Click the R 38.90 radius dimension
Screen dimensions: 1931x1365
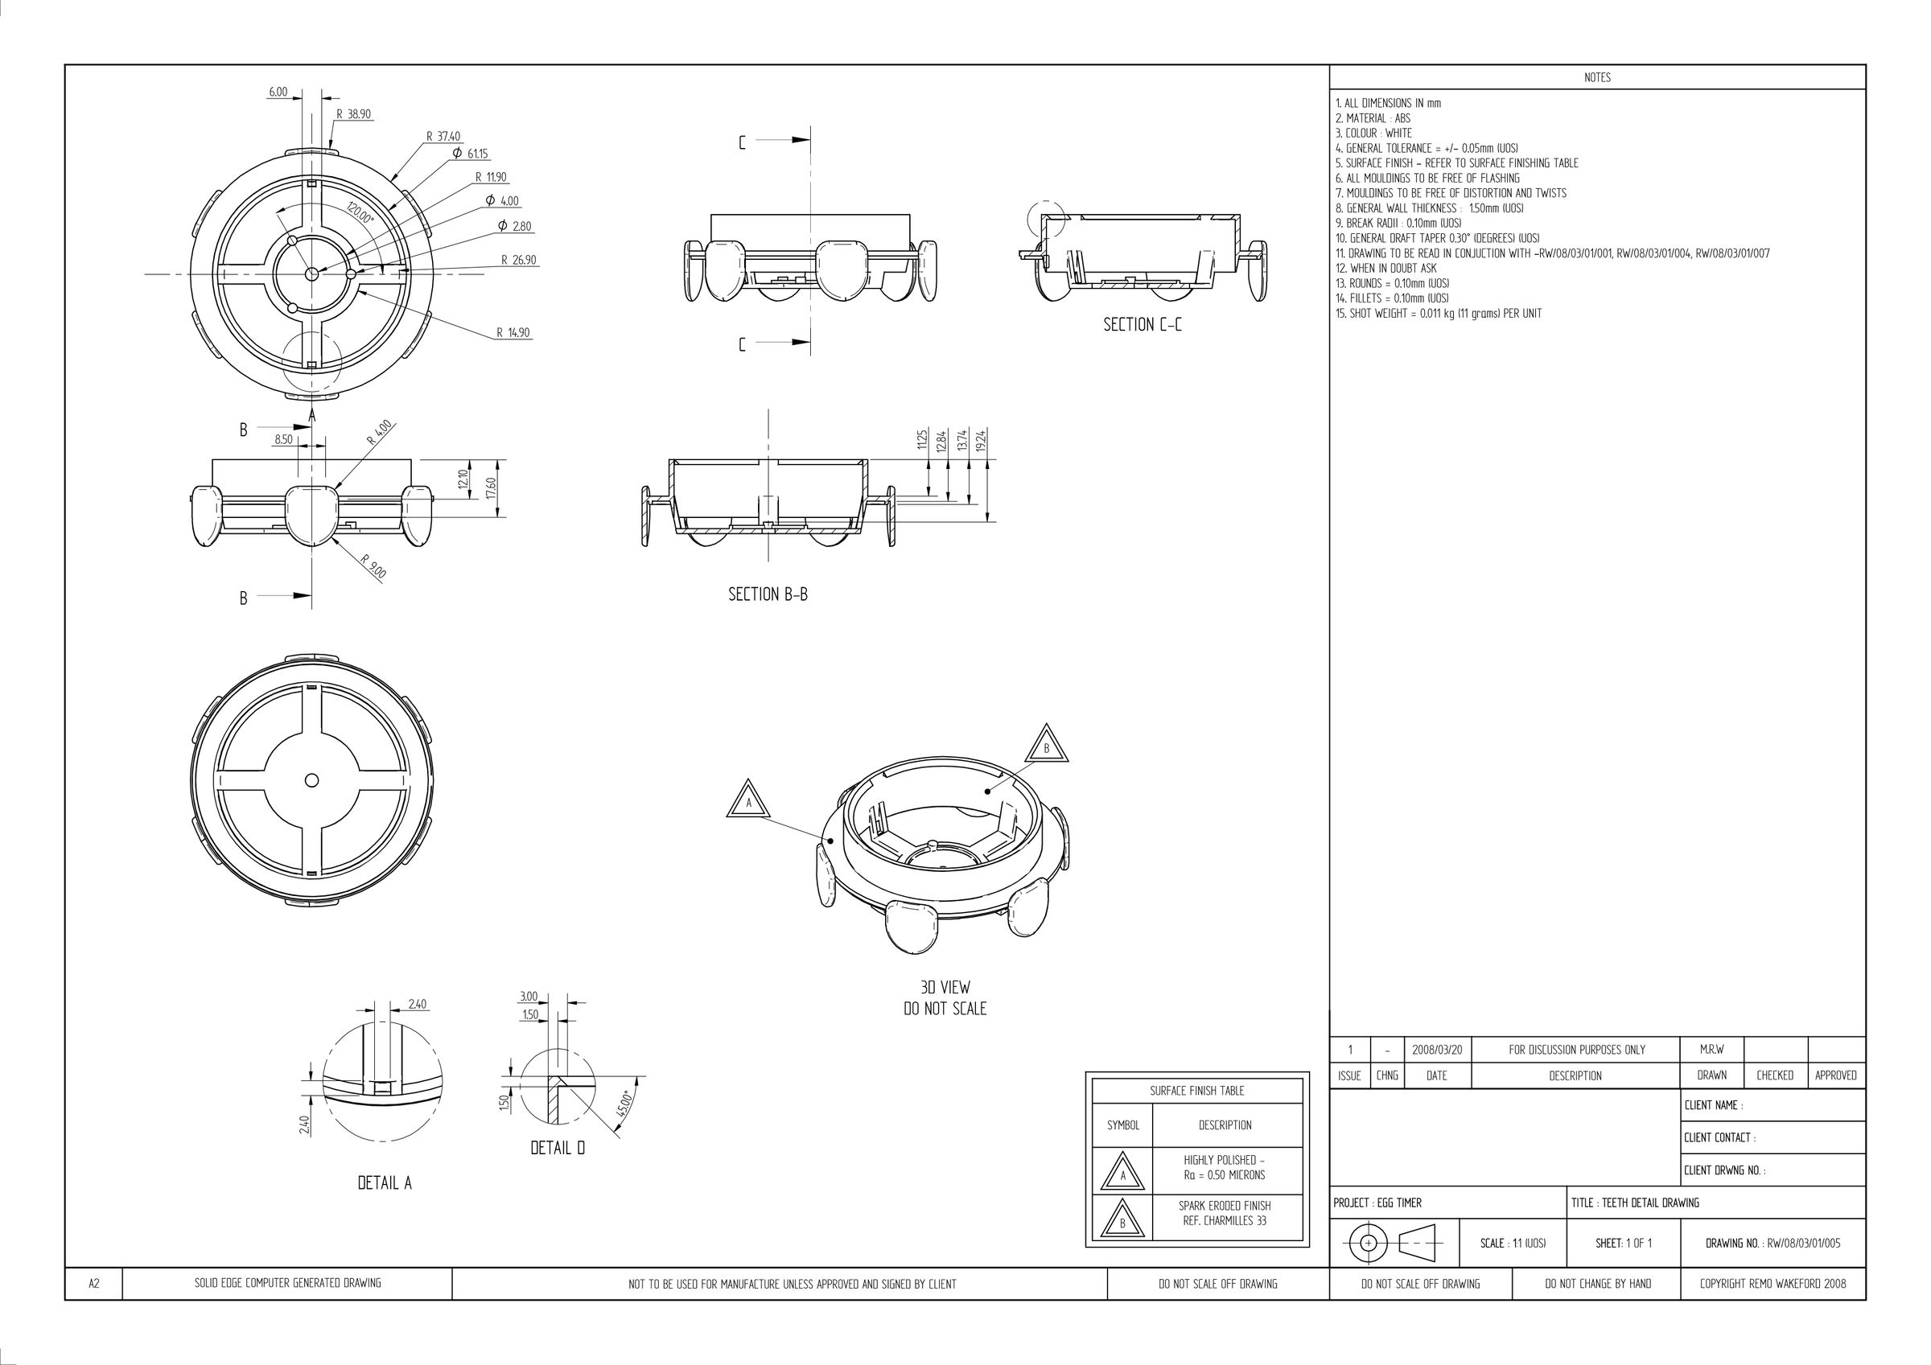tap(353, 114)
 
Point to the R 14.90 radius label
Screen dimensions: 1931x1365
tap(513, 333)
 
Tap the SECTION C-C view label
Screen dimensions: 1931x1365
tap(1143, 325)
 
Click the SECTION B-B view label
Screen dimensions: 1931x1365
tap(768, 594)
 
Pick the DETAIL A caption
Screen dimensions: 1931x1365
tap(385, 1183)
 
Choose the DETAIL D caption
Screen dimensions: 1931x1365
tap(558, 1148)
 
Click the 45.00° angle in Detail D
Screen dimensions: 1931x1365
tap(624, 1104)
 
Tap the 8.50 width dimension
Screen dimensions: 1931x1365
tap(283, 439)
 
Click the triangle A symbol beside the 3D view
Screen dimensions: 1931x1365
tap(748, 800)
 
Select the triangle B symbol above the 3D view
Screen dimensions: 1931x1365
tap(1046, 745)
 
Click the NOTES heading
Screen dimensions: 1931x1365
tap(1597, 77)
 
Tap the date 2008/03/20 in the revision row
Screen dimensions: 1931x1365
tap(1437, 1050)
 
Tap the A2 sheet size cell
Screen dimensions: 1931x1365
tap(94, 1284)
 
